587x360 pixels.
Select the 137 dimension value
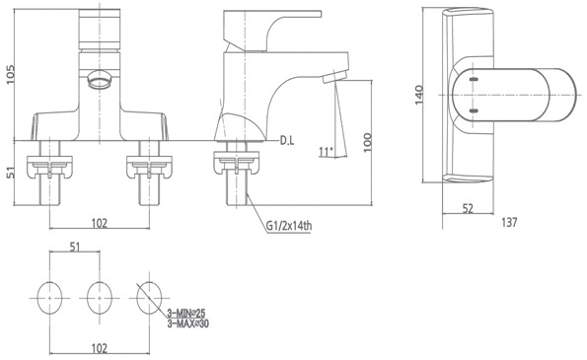pos(510,223)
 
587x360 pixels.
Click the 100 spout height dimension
pos(368,143)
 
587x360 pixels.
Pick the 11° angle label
pos(327,151)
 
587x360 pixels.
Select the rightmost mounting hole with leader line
pos(149,293)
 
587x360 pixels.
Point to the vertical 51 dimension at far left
pos(10,174)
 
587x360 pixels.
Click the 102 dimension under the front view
pos(101,223)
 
